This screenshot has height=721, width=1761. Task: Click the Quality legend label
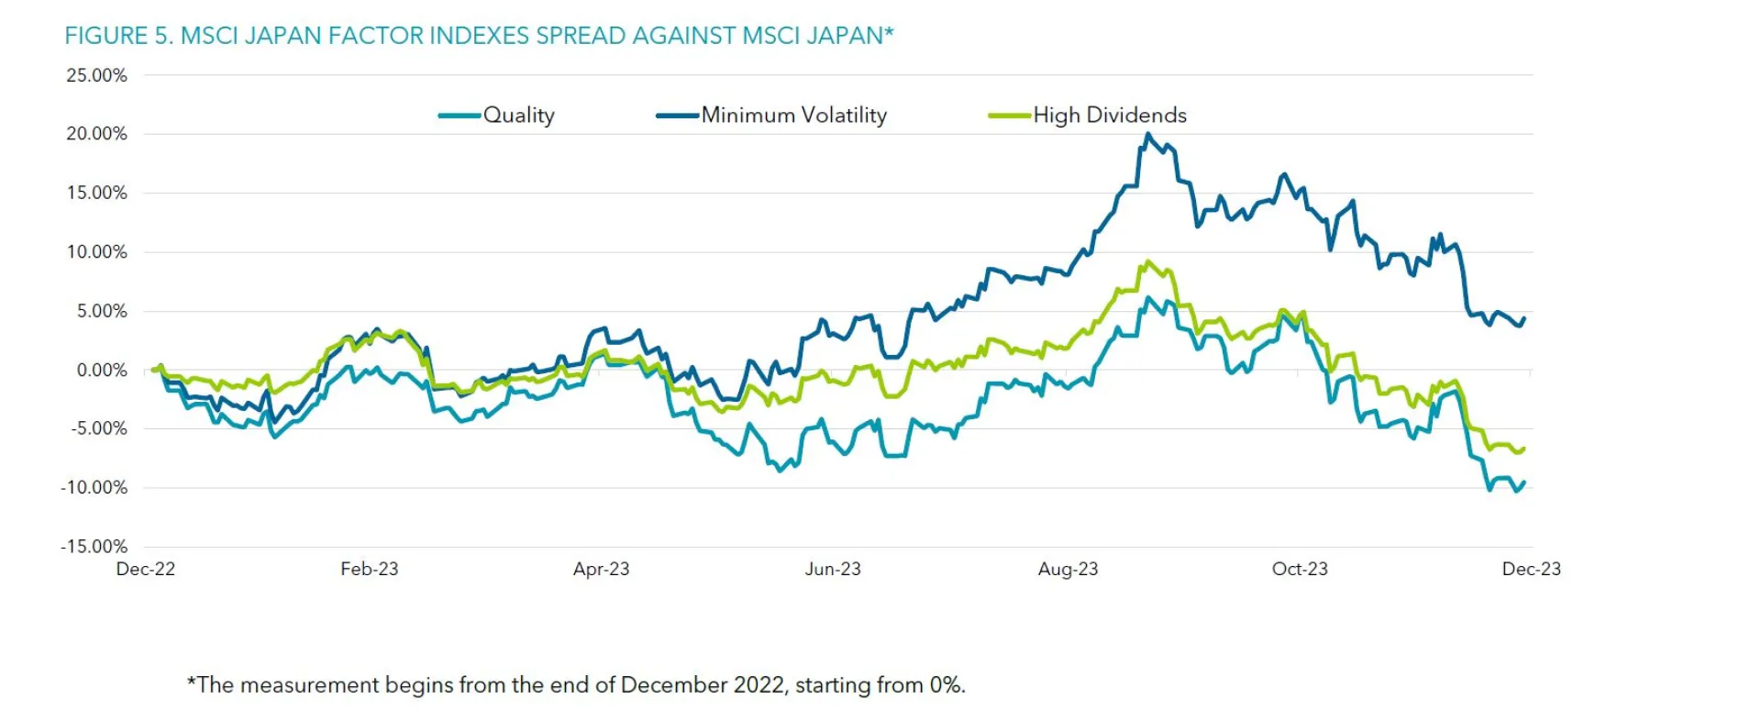pyautogui.click(x=518, y=116)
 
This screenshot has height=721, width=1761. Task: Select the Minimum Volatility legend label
pyautogui.click(x=793, y=116)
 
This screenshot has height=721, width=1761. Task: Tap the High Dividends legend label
pyautogui.click(x=1109, y=116)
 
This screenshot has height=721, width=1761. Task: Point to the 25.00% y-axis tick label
pyautogui.click(x=96, y=75)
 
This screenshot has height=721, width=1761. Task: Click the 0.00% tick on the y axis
pyautogui.click(x=102, y=371)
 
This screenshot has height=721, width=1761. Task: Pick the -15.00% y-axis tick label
pyautogui.click(x=94, y=547)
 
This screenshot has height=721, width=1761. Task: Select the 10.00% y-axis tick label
pyautogui.click(x=96, y=252)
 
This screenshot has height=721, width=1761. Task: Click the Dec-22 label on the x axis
pyautogui.click(x=145, y=570)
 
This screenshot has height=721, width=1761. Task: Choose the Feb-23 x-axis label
pyautogui.click(x=369, y=570)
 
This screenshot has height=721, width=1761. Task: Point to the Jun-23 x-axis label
pyautogui.click(x=833, y=570)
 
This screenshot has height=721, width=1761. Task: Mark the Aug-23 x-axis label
pyautogui.click(x=1068, y=570)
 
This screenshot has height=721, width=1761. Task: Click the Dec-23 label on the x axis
pyautogui.click(x=1531, y=570)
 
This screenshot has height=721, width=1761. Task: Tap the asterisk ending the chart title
pyautogui.click(x=889, y=32)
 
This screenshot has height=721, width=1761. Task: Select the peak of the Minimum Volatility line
pyautogui.click(x=1147, y=134)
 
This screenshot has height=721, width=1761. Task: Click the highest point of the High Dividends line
pyautogui.click(x=1147, y=261)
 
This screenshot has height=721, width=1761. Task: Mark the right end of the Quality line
pyautogui.click(x=1524, y=483)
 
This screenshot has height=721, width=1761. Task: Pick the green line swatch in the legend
pyautogui.click(x=1009, y=116)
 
